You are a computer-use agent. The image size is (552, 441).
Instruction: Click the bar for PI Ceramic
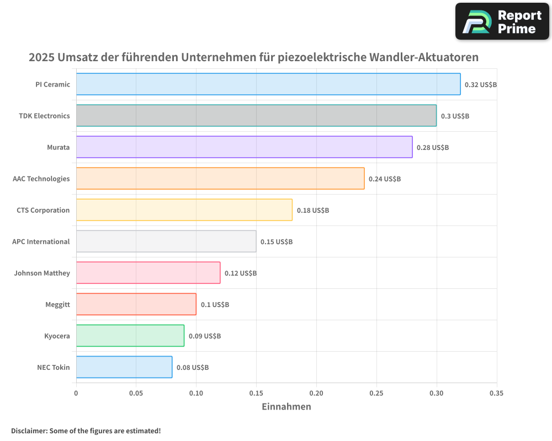point(268,84)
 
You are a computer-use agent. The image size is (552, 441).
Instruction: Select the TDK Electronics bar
point(256,116)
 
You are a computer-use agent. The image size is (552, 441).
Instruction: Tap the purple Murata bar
point(244,147)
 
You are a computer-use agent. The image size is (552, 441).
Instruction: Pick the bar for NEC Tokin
point(124,367)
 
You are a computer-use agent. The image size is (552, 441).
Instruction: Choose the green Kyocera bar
point(130,336)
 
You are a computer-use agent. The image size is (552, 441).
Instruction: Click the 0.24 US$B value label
point(385,179)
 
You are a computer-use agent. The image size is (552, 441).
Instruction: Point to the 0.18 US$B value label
point(313,211)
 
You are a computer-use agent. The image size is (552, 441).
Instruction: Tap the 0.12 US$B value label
point(241,273)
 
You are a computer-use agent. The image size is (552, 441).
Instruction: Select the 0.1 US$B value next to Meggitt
point(215,305)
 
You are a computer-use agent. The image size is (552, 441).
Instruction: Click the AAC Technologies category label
point(41,179)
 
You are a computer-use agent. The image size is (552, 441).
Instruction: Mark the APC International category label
point(41,241)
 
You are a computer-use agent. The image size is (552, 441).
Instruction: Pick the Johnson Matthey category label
point(42,273)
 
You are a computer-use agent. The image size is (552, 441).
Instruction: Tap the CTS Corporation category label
point(43,210)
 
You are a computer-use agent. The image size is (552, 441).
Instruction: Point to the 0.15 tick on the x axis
point(256,393)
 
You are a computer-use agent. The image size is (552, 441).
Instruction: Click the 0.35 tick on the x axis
point(496,393)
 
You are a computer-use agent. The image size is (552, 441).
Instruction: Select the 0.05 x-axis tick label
point(136,393)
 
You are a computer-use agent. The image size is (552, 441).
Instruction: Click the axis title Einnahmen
point(286,407)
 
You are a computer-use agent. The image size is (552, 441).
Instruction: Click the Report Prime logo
point(502,21)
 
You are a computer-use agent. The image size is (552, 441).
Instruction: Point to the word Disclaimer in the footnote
point(29,431)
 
